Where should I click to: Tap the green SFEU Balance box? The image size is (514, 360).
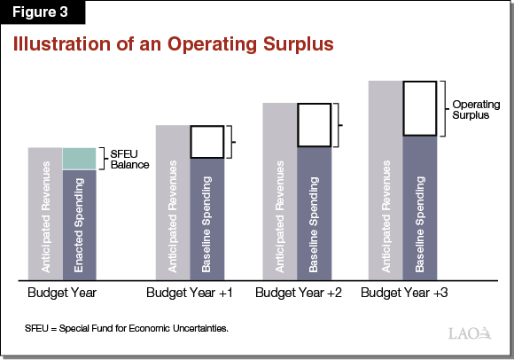(79, 158)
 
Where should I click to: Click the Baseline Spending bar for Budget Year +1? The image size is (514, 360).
(206, 217)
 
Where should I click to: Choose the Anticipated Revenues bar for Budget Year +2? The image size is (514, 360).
(280, 190)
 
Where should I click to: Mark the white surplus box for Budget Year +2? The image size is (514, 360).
(314, 125)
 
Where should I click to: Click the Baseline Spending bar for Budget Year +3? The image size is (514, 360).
(419, 206)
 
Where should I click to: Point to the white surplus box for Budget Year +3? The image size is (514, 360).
(419, 108)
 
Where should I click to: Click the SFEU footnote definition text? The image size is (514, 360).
(127, 329)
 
